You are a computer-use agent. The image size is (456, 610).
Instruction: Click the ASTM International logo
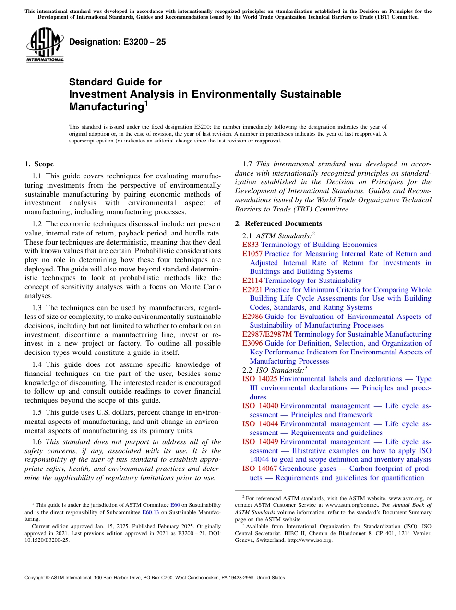point(45,45)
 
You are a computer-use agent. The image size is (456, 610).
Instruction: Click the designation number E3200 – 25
point(117,42)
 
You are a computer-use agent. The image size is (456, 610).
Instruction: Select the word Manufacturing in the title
point(106,106)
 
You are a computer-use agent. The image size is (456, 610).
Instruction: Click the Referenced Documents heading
point(278,223)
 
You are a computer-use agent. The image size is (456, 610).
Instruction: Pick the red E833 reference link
point(251,245)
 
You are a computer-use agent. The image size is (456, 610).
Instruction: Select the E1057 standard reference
point(252,254)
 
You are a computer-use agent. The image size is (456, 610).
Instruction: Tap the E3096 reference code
point(252,343)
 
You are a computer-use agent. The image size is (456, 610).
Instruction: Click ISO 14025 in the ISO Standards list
point(260,379)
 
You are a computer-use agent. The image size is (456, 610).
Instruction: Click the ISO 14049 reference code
point(260,442)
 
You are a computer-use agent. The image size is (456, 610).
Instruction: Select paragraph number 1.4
point(37,365)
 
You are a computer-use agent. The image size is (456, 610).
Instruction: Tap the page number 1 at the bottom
point(228,589)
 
